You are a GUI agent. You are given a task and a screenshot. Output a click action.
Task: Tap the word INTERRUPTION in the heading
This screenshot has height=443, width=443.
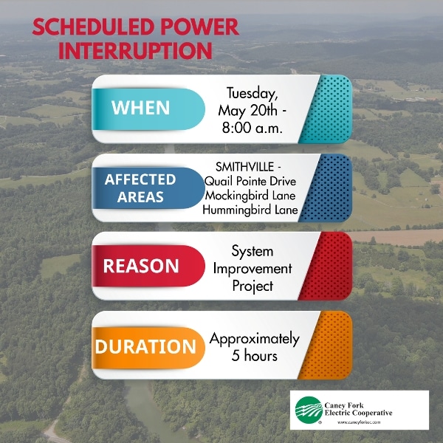click(x=135, y=50)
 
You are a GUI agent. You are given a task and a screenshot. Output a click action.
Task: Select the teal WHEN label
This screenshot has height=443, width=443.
click(x=148, y=109)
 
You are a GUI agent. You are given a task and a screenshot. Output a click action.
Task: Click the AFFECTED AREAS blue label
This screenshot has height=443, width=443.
click(x=148, y=188)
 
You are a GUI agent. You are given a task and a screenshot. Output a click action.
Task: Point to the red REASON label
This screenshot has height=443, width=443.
click(x=148, y=266)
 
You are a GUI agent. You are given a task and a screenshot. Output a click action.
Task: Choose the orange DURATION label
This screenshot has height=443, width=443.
click(x=148, y=348)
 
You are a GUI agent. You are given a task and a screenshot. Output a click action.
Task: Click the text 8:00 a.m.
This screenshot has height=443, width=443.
click(x=252, y=128)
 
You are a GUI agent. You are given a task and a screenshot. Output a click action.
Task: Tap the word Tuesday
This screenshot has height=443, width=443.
click(x=252, y=94)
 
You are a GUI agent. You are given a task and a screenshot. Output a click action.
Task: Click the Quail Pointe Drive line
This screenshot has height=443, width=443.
click(x=250, y=181)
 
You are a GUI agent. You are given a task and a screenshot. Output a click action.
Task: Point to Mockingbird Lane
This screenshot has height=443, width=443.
click(x=250, y=196)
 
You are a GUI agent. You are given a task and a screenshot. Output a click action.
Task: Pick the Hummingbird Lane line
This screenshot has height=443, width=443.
click(x=250, y=210)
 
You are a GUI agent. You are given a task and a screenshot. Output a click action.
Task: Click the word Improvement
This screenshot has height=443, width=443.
click(x=253, y=269)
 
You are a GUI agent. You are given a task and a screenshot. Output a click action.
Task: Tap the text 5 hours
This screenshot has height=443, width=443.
click(x=254, y=355)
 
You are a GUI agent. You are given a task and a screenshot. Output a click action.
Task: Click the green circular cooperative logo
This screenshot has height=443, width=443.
click(x=309, y=410)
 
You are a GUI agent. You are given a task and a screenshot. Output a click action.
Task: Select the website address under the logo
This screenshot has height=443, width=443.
click(x=359, y=422)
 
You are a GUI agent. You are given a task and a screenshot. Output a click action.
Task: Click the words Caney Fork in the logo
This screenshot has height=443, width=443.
click(x=344, y=405)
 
